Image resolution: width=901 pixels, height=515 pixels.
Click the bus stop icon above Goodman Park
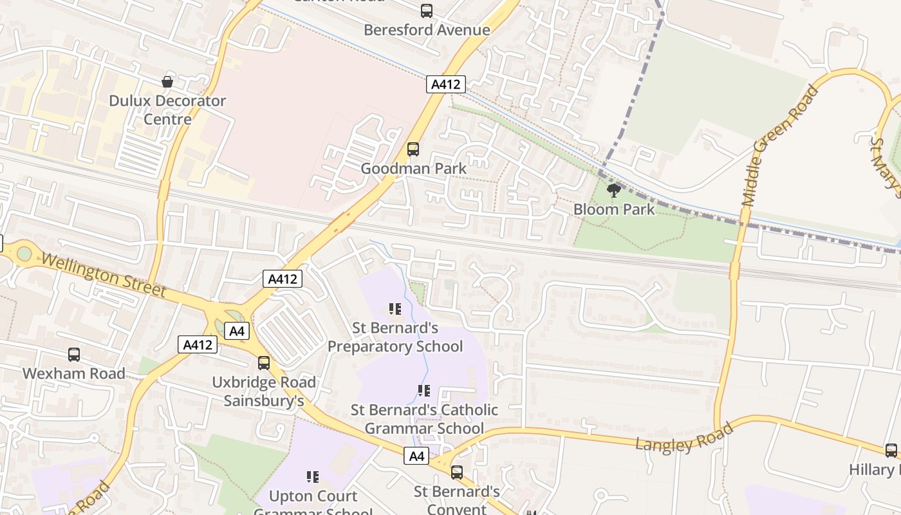pyautogui.click(x=413, y=149)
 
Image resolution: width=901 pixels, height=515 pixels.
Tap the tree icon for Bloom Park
pyautogui.click(x=614, y=190)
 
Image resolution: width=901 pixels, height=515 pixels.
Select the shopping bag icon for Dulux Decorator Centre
pyautogui.click(x=167, y=82)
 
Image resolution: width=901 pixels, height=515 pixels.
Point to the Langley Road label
pyautogui.click(x=684, y=438)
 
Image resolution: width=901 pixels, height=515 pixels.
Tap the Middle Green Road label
pyautogui.click(x=780, y=146)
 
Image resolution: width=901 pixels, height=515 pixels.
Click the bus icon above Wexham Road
pyautogui.click(x=74, y=354)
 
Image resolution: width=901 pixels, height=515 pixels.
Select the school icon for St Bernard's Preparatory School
pyautogui.click(x=395, y=309)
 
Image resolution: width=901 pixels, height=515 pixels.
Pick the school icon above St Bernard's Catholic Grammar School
pyautogui.click(x=423, y=391)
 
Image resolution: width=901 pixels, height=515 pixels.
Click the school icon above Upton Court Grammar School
pyautogui.click(x=313, y=477)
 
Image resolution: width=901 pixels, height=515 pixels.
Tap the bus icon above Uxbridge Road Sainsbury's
pyautogui.click(x=264, y=362)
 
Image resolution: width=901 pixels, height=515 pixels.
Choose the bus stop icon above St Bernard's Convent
pyautogui.click(x=457, y=473)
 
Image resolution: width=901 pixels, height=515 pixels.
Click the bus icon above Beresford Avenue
pyautogui.click(x=427, y=10)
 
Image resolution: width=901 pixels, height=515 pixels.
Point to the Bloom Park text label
pyautogui.click(x=614, y=209)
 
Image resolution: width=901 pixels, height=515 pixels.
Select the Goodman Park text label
pyautogui.click(x=413, y=169)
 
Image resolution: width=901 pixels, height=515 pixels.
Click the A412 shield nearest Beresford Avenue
pyautogui.click(x=445, y=84)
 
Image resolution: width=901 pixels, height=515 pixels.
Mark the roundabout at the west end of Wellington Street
pyautogui.click(x=24, y=253)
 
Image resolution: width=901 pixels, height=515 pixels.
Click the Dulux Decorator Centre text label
pyautogui.click(x=167, y=109)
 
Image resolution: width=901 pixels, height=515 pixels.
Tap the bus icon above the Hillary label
pyautogui.click(x=891, y=450)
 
